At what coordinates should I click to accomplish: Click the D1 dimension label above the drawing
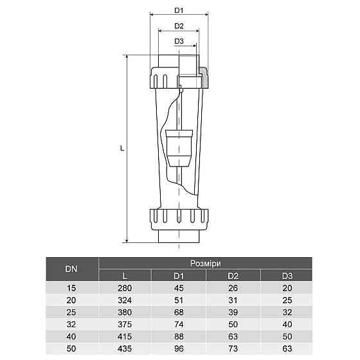tap(179, 11)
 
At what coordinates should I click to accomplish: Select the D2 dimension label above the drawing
tap(179, 26)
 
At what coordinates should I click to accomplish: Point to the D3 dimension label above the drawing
tap(179, 42)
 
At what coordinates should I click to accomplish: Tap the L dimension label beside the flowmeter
tap(122, 148)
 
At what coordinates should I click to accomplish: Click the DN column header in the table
tap(71, 269)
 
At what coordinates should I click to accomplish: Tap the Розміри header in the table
tap(205, 263)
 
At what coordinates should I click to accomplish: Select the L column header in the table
tap(125, 276)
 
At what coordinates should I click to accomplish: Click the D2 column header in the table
tap(232, 276)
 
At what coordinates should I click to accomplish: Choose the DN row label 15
tap(71, 289)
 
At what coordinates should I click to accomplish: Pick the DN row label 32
tap(71, 324)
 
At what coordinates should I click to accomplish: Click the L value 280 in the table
tap(125, 289)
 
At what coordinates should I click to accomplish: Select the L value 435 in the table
tap(125, 348)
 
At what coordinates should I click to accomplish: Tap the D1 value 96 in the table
tap(179, 348)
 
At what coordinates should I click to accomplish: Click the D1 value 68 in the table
tap(179, 312)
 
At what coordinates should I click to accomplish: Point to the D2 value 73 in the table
tap(232, 348)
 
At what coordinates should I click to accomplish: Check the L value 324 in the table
tap(125, 300)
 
